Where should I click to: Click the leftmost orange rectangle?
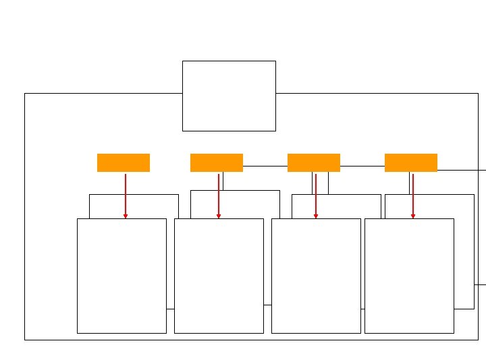(123, 162)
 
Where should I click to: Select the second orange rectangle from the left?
(216, 162)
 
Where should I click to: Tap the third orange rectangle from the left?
(313, 162)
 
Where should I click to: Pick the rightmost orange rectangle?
(410, 162)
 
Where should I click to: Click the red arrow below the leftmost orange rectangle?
(126, 195)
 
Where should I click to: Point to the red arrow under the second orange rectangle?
(219, 195)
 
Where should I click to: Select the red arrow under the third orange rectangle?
(316, 195)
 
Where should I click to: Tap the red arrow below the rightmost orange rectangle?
(413, 195)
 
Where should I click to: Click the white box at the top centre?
(229, 96)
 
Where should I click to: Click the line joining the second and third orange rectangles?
(265, 165)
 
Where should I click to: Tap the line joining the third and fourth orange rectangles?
(362, 165)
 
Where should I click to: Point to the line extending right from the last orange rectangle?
(462, 170)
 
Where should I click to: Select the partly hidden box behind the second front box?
(250, 204)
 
